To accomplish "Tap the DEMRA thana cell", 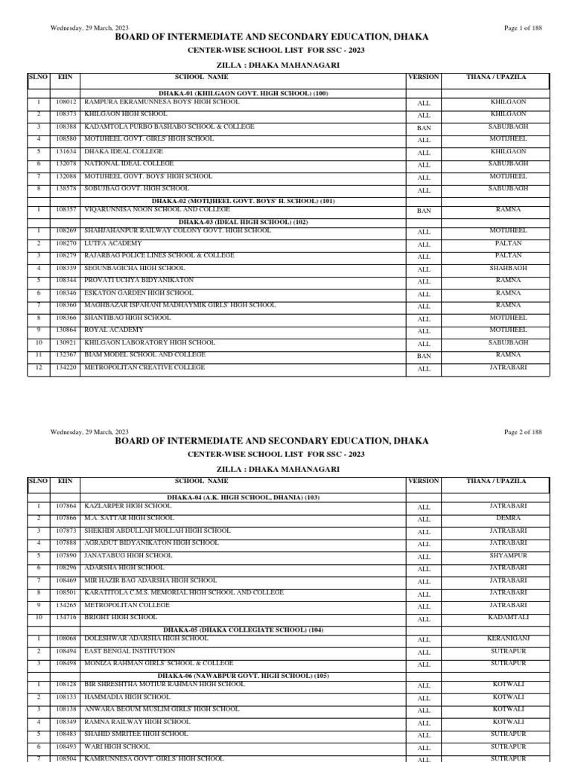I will pos(508,518).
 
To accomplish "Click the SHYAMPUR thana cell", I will pos(508,555).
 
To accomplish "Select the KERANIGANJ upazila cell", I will pos(508,638).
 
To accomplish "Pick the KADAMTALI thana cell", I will pos(508,617).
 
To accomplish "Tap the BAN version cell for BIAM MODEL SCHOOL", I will pos(424,356).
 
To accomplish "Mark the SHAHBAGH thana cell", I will pos(508,268).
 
